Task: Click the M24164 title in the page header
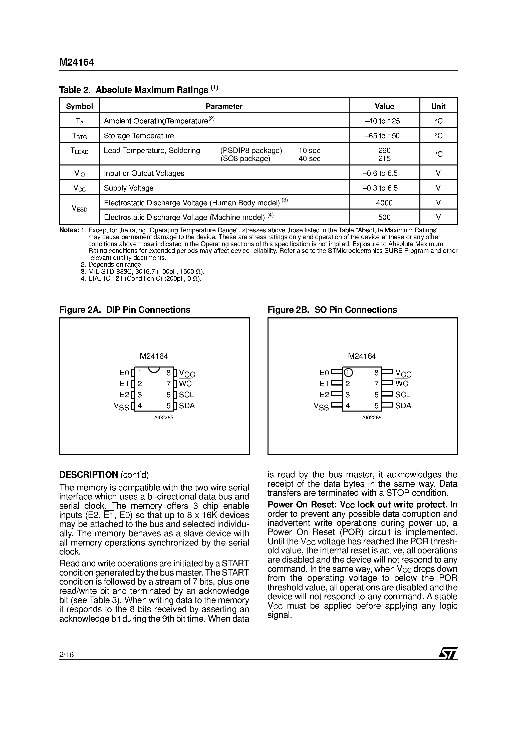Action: click(77, 63)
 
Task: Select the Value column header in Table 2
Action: click(384, 106)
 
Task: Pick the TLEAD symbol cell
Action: click(79, 151)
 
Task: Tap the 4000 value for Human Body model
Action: click(384, 203)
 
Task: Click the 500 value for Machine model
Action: click(384, 218)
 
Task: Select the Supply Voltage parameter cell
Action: click(128, 188)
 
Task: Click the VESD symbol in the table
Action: click(79, 209)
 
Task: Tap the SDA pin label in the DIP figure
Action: click(186, 406)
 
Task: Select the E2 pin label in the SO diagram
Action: click(324, 395)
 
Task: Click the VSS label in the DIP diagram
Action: click(121, 407)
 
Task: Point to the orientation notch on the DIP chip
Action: click(154, 370)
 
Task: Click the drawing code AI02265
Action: click(163, 418)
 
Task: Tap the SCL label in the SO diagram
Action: click(403, 395)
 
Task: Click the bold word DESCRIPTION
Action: click(89, 475)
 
